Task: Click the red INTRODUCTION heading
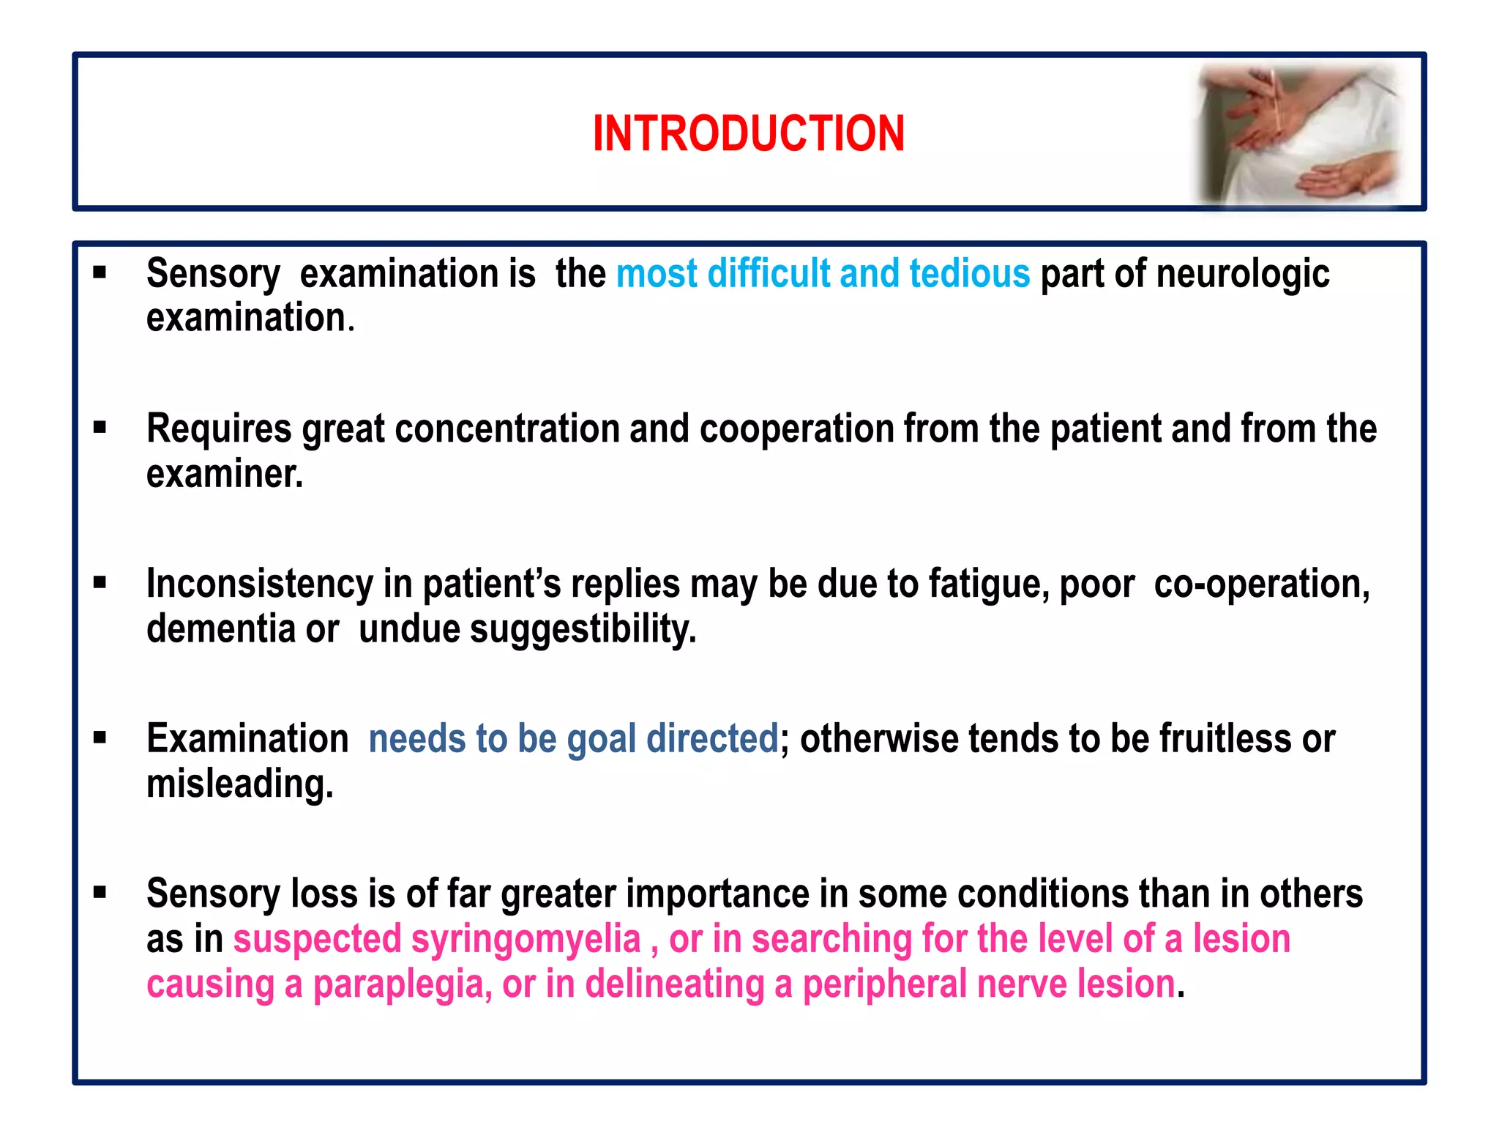point(748,134)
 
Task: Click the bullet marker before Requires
point(100,427)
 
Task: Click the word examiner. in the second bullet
point(224,475)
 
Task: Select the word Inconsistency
point(259,584)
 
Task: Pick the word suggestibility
point(583,629)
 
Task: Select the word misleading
point(239,784)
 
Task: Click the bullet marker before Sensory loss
point(100,892)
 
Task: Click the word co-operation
point(1261,584)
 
